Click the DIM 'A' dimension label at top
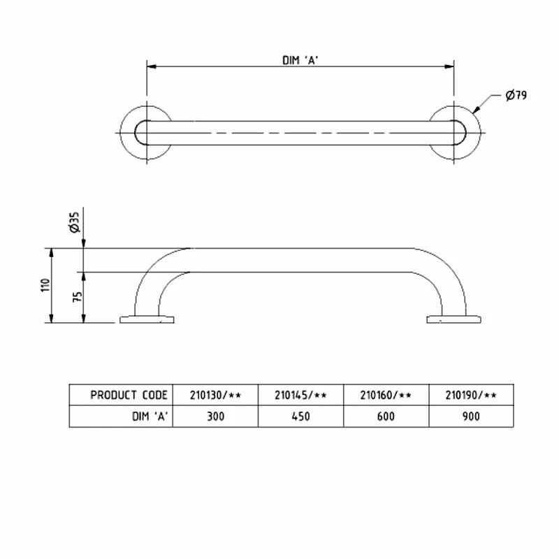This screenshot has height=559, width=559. (300, 60)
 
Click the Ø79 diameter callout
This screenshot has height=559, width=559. (515, 96)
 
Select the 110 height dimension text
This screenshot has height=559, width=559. (45, 285)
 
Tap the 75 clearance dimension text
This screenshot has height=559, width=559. (78, 296)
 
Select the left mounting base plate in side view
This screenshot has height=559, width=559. (146, 320)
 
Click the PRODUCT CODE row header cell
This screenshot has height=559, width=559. (129, 395)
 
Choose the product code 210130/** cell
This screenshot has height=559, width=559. (215, 395)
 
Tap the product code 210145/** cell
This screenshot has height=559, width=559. (300, 395)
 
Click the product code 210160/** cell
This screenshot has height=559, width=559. (386, 395)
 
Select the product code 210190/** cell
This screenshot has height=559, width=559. (471, 395)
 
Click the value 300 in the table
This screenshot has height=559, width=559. (215, 416)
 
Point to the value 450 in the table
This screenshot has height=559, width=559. (300, 416)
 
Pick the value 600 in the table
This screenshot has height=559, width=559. (386, 416)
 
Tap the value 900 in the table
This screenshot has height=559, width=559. (471, 416)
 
